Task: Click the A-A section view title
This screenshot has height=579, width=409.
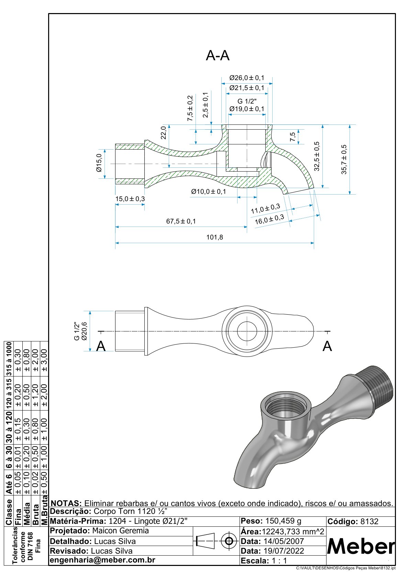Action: [218, 55]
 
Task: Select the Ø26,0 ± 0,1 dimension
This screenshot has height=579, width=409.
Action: [247, 78]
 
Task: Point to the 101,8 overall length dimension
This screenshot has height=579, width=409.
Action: [214, 237]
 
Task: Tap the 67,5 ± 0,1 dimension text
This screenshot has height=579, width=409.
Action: [181, 221]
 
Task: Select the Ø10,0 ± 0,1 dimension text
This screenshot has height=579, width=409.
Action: [209, 192]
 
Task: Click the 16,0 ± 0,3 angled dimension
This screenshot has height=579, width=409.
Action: [269, 219]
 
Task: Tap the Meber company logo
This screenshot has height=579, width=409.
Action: [361, 546]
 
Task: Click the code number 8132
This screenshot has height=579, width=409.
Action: [369, 522]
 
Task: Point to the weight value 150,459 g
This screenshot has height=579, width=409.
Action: [283, 521]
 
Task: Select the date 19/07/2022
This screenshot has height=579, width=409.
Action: [284, 551]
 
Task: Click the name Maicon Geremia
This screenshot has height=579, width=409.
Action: [120, 531]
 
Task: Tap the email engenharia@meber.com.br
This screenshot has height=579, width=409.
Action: [102, 560]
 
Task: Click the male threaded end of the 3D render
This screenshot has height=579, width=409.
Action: [378, 387]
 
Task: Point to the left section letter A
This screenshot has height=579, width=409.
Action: [101, 346]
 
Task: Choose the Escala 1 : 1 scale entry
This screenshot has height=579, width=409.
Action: [264, 561]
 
